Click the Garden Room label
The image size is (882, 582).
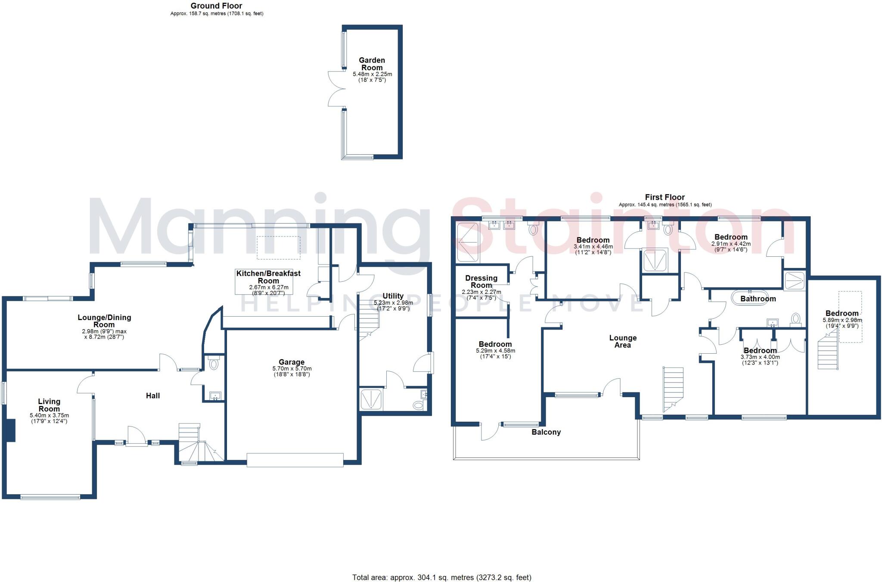pyautogui.click(x=372, y=64)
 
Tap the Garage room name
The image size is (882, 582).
pyautogui.click(x=292, y=362)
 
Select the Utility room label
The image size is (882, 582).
pyautogui.click(x=393, y=296)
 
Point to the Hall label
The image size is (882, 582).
pyautogui.click(x=153, y=395)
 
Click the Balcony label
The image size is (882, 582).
pyautogui.click(x=546, y=432)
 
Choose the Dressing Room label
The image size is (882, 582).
pyautogui.click(x=481, y=282)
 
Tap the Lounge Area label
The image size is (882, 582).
pyautogui.click(x=623, y=341)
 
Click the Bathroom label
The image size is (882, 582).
pyautogui.click(x=758, y=299)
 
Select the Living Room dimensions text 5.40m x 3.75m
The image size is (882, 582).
pyautogui.click(x=49, y=415)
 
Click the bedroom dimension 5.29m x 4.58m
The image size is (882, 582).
pyautogui.click(x=495, y=351)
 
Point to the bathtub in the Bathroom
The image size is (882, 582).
pyautogui.click(x=749, y=298)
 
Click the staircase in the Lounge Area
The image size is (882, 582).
pyautogui.click(x=673, y=388)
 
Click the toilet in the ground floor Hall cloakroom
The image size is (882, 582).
pyautogui.click(x=214, y=364)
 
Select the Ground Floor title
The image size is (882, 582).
pyautogui.click(x=216, y=6)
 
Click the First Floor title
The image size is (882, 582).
pyautogui.click(x=665, y=197)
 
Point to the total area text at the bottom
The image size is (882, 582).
pyautogui.click(x=441, y=577)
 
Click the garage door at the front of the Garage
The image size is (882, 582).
pyautogui.click(x=295, y=460)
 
